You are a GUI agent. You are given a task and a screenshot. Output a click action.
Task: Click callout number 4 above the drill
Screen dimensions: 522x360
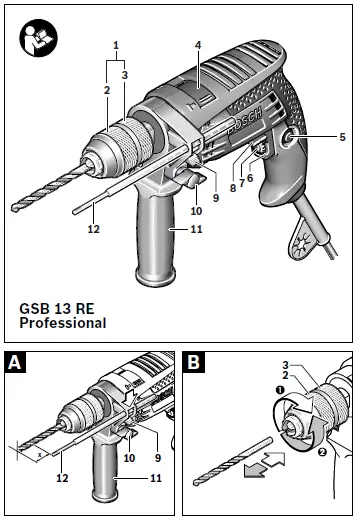pyautogui.click(x=198, y=45)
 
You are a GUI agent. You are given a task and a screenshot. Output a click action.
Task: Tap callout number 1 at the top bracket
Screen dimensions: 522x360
pyautogui.click(x=116, y=45)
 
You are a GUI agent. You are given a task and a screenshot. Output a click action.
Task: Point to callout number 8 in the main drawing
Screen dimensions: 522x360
pyautogui.click(x=232, y=187)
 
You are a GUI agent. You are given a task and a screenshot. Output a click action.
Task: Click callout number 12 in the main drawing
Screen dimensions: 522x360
pyautogui.click(x=93, y=229)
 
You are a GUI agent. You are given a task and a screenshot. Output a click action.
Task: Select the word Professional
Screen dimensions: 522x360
pyautogui.click(x=62, y=324)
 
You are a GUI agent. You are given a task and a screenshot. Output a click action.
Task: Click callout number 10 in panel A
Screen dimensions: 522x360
pyautogui.click(x=129, y=457)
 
